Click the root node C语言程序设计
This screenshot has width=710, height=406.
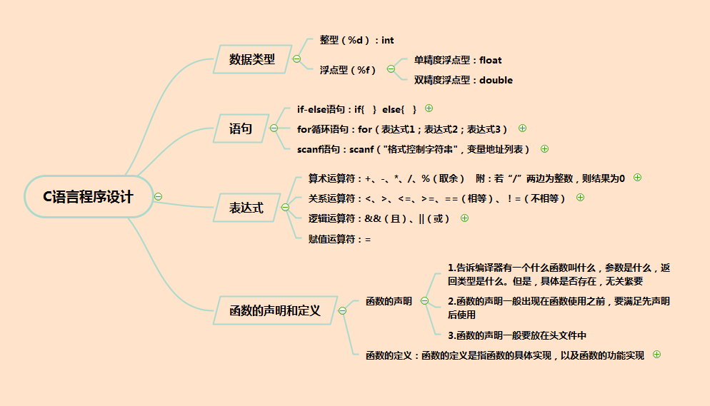pos(89,197)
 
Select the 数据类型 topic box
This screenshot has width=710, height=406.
pos(251,59)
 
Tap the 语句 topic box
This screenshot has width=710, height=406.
pos(240,129)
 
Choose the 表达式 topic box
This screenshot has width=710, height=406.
pos(246,208)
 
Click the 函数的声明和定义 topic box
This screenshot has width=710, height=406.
pos(274,310)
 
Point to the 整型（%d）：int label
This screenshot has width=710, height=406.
pos(356,40)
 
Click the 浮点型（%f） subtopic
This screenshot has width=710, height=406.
pos(348,69)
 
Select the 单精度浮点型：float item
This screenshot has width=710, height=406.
pos(458,60)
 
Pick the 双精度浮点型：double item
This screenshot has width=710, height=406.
pos(463,80)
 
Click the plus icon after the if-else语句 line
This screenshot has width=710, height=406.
pos(429,108)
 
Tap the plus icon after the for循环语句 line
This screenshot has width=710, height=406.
pos(522,128)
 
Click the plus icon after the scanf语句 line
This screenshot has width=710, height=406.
pos(544,148)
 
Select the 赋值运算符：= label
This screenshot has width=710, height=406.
pos(339,239)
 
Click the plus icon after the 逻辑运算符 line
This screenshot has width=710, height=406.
pos(464,218)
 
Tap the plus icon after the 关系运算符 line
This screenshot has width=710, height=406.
pos(580,198)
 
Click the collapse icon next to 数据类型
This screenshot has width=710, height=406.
pos(296,59)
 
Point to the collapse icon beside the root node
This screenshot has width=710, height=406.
pos(158,196)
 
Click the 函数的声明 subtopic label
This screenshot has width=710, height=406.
pos(389,301)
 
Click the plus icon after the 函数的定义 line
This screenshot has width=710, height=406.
pos(656,354)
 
